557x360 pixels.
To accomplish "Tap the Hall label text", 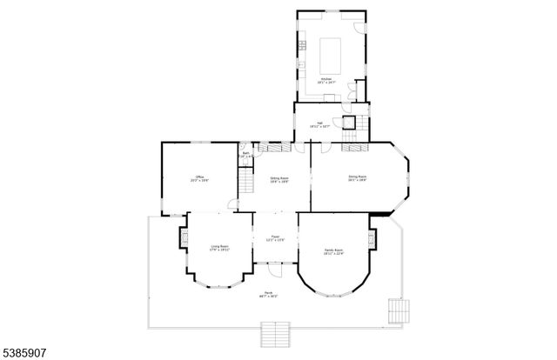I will [319, 125].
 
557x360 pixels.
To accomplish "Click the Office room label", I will [199, 179].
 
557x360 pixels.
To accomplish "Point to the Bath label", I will [246, 155].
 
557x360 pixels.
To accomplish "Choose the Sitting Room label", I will [278, 179].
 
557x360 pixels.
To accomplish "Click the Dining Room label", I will [357, 179].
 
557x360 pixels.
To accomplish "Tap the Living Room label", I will [219, 248].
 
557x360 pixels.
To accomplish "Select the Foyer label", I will [275, 237].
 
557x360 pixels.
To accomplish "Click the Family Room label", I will [334, 253].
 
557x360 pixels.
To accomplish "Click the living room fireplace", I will [184, 237].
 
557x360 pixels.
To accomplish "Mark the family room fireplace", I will [372, 237].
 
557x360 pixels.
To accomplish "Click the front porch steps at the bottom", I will [275, 334].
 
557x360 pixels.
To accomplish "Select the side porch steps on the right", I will [398, 310].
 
